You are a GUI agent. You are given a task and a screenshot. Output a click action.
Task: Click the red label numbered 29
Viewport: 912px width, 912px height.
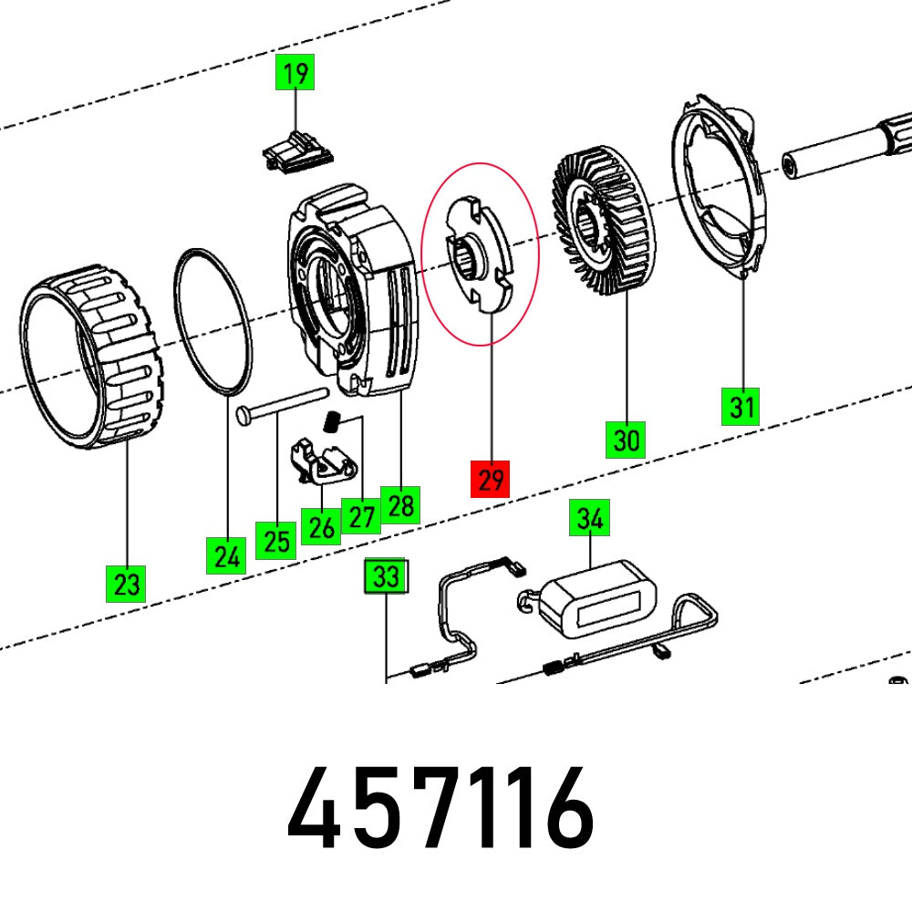pyautogui.click(x=491, y=479)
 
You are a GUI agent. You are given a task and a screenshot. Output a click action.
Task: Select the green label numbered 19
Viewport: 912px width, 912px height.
pyautogui.click(x=295, y=72)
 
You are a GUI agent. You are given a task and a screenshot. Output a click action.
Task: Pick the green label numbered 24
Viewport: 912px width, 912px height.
pyautogui.click(x=225, y=554)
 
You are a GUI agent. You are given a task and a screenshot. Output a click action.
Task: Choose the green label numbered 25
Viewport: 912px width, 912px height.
pyautogui.click(x=275, y=540)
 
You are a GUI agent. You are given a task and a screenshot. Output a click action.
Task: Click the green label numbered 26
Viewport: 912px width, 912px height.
pyautogui.click(x=321, y=526)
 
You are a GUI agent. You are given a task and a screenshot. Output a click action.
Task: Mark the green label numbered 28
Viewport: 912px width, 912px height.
pyautogui.click(x=400, y=503)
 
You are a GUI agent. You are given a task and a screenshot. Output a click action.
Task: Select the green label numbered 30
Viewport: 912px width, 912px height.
pyautogui.click(x=627, y=440)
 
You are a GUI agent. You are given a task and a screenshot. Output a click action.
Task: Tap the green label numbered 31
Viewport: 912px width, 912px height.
pyautogui.click(x=741, y=405)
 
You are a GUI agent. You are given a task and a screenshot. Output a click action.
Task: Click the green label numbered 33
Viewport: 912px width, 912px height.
pyautogui.click(x=387, y=577)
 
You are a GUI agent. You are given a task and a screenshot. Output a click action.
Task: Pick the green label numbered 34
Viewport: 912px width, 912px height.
pyautogui.click(x=590, y=520)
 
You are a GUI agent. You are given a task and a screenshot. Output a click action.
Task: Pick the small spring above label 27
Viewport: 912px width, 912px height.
pyautogui.click(x=334, y=422)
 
